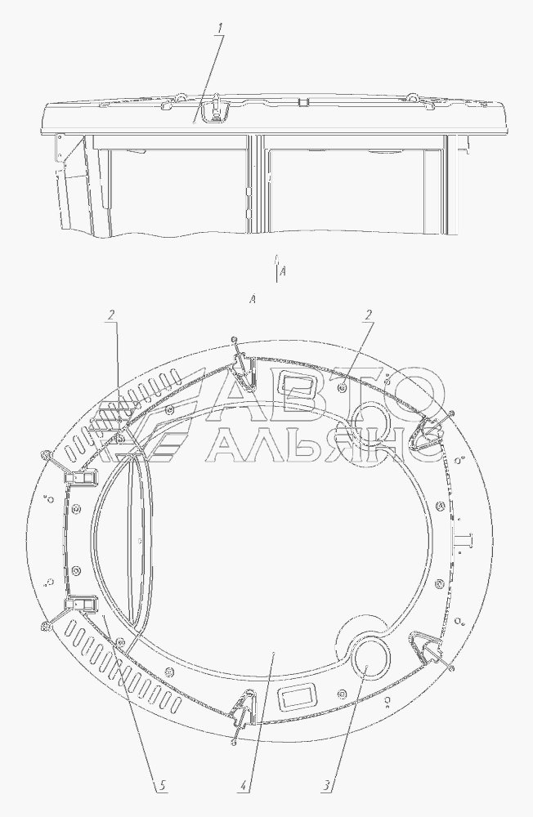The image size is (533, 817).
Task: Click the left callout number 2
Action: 112,315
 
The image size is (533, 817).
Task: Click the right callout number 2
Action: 369,315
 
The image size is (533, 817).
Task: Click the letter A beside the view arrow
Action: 283,271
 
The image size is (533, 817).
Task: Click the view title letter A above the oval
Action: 253,298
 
